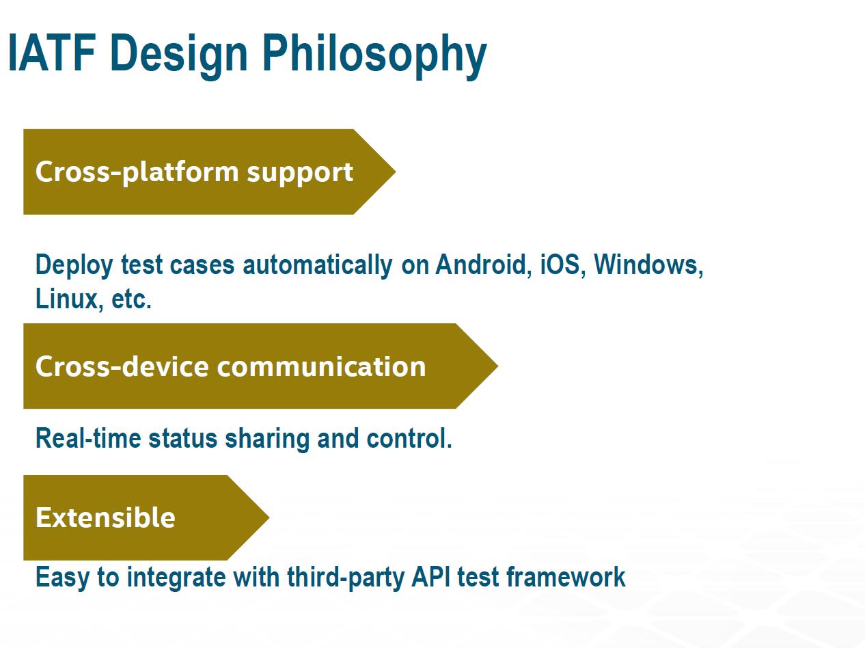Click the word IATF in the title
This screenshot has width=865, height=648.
click(x=52, y=53)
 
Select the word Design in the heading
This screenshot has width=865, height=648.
click(x=179, y=55)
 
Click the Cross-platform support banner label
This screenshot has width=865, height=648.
click(x=194, y=172)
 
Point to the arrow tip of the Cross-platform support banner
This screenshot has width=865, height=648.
click(x=396, y=172)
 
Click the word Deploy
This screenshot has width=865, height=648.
click(x=74, y=265)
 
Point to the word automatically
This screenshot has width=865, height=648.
click(x=317, y=265)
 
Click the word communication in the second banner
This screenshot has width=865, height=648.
click(x=321, y=366)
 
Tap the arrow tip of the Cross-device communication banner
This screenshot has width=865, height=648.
click(x=497, y=366)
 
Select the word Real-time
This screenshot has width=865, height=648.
click(x=88, y=438)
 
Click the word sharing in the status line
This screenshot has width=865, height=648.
click(x=267, y=440)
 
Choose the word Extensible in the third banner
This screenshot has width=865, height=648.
click(x=105, y=517)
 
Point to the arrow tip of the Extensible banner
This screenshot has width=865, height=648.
click(x=269, y=517)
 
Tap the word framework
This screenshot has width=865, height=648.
click(x=566, y=577)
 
